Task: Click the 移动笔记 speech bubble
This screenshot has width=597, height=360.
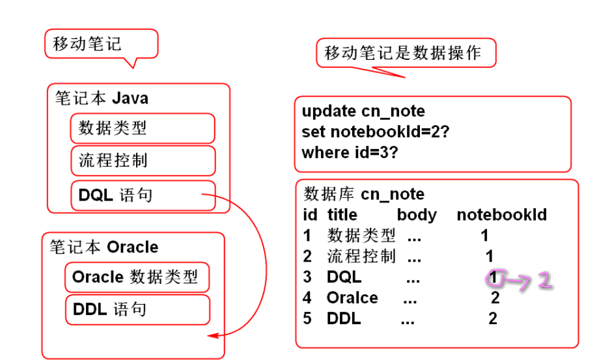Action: click(x=101, y=44)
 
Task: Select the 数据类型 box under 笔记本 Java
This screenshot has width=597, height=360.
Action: click(x=143, y=128)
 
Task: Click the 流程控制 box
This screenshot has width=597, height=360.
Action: click(x=143, y=161)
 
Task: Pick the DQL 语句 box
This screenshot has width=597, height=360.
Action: click(x=143, y=195)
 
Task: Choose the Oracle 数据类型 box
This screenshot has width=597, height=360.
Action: click(x=137, y=277)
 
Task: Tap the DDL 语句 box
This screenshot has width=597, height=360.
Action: click(x=137, y=310)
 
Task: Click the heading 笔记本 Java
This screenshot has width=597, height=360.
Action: click(x=102, y=98)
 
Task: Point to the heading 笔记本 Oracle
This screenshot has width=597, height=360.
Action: click(x=104, y=247)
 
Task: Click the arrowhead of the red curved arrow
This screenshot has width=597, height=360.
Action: click(x=212, y=336)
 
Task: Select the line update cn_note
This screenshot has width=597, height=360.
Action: click(x=363, y=111)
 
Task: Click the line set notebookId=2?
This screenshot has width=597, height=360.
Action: click(x=376, y=132)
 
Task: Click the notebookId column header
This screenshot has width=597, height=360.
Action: click(x=501, y=215)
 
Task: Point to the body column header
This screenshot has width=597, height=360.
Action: click(x=417, y=215)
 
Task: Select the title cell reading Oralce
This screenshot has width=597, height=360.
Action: click(x=352, y=298)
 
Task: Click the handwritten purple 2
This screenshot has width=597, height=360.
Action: click(x=544, y=281)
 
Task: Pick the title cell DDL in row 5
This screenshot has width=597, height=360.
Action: click(x=344, y=319)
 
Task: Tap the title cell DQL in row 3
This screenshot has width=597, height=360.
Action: click(x=344, y=277)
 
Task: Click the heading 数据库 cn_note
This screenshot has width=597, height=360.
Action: click(x=364, y=194)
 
